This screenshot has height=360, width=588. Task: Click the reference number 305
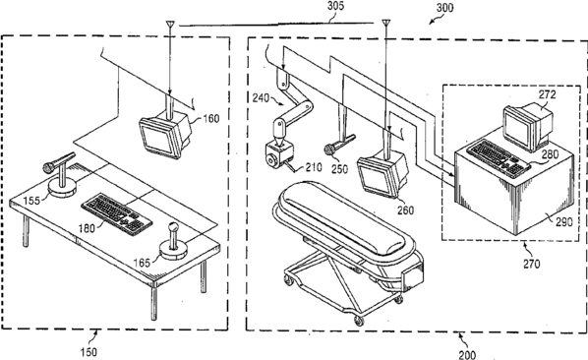click(335, 6)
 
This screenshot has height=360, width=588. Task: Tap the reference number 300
click(444, 8)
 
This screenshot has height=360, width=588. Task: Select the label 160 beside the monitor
click(210, 118)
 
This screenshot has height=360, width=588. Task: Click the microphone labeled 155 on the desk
click(60, 174)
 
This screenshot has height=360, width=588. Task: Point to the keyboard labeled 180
click(117, 214)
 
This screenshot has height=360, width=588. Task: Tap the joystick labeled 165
click(173, 242)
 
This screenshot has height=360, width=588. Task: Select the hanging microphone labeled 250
click(339, 145)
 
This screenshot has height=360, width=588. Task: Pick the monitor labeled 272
click(528, 127)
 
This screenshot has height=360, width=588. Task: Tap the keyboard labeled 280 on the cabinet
click(499, 157)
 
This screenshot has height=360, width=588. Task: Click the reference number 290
click(563, 222)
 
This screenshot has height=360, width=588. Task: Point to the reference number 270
click(531, 264)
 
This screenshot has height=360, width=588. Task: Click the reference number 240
click(261, 98)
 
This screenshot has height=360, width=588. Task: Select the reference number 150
click(88, 352)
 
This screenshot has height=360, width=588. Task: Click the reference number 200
click(467, 354)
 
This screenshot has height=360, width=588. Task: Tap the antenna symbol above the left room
click(170, 25)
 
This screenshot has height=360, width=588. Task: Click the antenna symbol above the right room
click(385, 24)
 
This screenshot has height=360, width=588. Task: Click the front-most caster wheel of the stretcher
click(359, 321)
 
